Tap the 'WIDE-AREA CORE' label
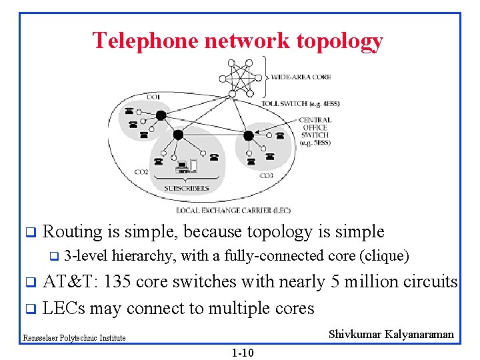click(x=301, y=77)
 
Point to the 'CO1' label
click(x=153, y=97)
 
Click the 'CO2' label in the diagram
click(x=141, y=172)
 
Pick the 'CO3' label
click(x=266, y=175)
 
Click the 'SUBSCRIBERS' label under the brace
click(x=187, y=188)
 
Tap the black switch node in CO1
click(x=161, y=115)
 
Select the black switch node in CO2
click(x=178, y=135)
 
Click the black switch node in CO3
click(x=248, y=135)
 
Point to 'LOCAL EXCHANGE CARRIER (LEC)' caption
click(x=233, y=210)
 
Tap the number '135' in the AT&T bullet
click(x=121, y=282)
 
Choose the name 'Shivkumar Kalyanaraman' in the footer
click(x=391, y=335)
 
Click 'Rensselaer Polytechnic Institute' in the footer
click(x=74, y=338)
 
